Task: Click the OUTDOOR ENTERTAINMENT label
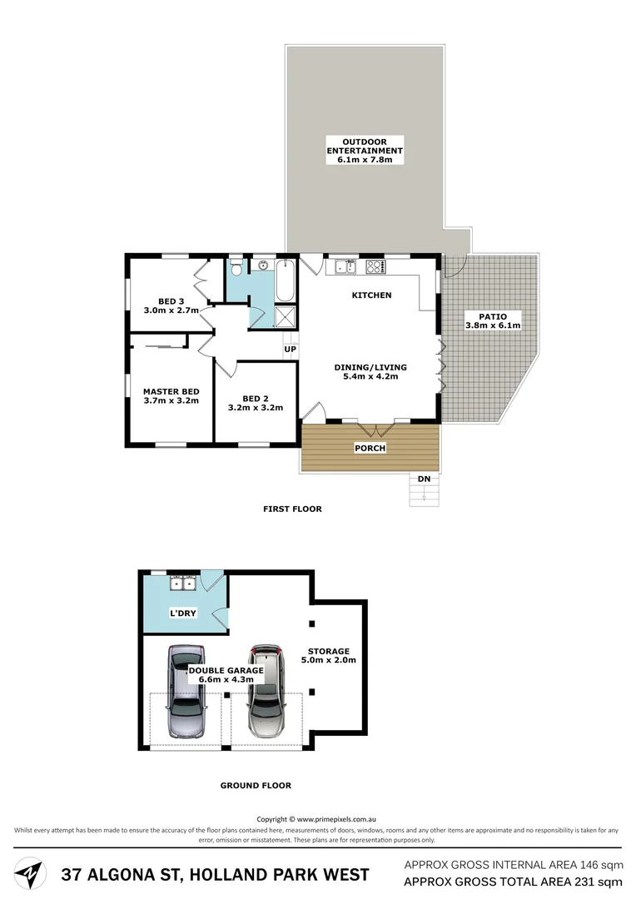365,151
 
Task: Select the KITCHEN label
371,296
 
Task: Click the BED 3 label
171,305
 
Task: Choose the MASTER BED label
171,395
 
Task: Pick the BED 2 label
256,403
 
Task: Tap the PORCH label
370,448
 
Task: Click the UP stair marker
290,349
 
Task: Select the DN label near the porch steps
424,479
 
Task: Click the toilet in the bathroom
236,269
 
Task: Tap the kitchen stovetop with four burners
375,267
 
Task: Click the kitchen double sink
345,267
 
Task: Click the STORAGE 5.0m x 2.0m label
328,656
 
